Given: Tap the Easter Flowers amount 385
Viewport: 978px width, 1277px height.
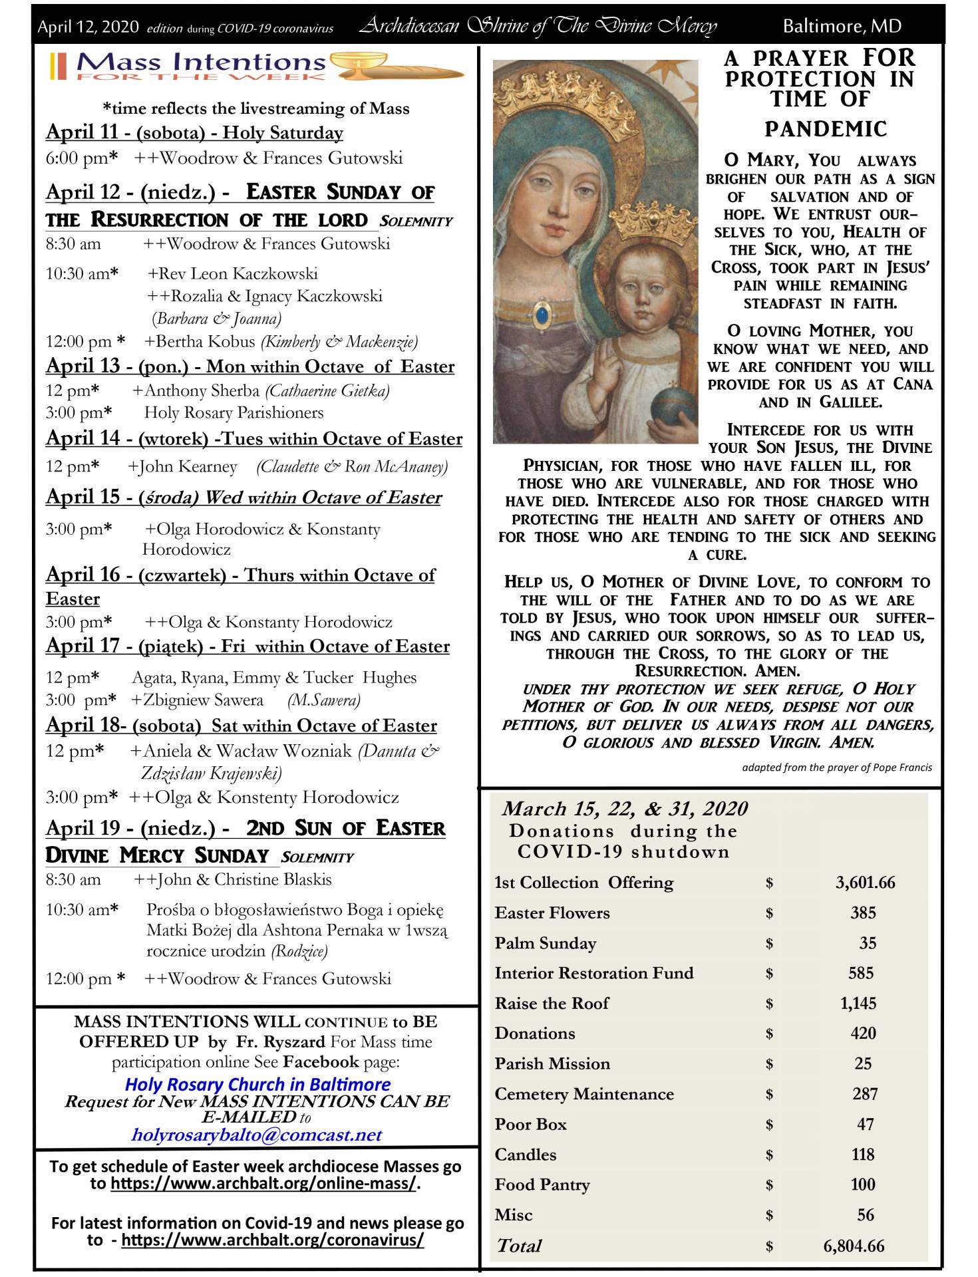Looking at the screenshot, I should [862, 913].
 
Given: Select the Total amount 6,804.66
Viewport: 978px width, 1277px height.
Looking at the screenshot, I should [854, 1246].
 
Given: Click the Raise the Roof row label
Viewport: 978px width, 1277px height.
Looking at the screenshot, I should [552, 1003].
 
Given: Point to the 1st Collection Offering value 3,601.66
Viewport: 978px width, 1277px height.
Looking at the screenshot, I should [865, 883].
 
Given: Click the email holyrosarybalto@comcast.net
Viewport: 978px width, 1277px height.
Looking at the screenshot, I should [256, 1135].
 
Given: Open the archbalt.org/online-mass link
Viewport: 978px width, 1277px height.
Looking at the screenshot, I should [263, 1184].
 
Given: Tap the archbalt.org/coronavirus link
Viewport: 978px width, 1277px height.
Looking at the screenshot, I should [272, 1240].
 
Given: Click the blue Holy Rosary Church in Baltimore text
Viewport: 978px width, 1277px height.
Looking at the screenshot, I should [257, 1084].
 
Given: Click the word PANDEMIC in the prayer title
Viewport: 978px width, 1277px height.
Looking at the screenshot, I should [825, 129].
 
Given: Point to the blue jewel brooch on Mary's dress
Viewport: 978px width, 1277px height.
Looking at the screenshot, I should [544, 312].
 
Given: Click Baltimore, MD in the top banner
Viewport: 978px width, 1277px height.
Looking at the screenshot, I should [842, 27].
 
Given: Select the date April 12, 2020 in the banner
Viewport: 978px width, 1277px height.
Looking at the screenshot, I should [88, 27].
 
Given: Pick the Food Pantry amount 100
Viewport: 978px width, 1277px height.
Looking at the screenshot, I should [863, 1185].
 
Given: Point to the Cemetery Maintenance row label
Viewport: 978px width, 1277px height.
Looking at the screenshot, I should [583, 1094].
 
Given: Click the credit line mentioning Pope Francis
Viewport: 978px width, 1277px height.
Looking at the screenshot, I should [836, 768].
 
